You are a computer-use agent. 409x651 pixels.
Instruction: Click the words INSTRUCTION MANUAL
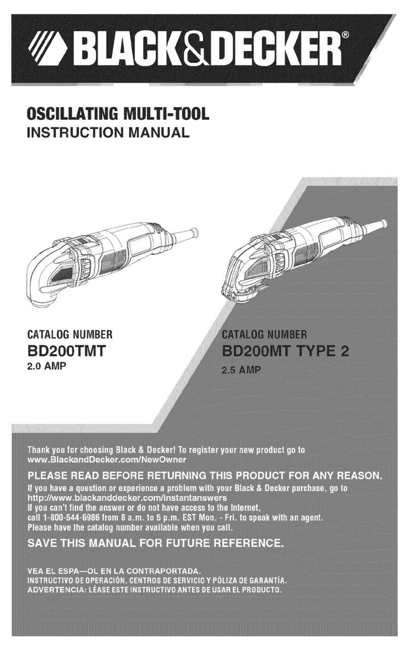pyautogui.click(x=108, y=133)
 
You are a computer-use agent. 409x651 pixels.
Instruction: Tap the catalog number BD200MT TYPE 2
pyautogui.click(x=285, y=351)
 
